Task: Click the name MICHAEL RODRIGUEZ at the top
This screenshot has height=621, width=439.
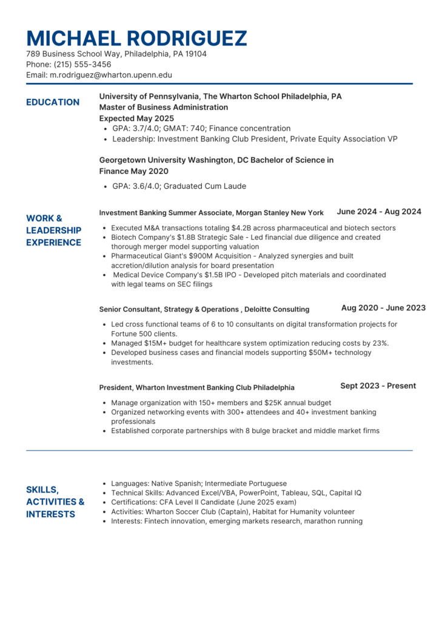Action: click(x=136, y=38)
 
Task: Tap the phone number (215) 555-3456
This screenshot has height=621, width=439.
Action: click(x=82, y=64)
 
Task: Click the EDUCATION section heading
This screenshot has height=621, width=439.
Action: click(x=53, y=102)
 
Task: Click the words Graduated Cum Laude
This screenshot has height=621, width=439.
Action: click(x=205, y=186)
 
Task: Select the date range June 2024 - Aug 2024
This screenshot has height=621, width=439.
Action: click(x=379, y=212)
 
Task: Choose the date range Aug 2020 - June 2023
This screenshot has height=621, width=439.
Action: click(x=383, y=308)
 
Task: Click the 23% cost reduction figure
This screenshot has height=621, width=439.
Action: click(x=380, y=343)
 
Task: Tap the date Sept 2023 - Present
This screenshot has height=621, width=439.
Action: click(x=378, y=386)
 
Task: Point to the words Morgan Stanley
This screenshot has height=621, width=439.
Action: click(x=263, y=213)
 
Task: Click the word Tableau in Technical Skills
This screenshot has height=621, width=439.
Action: click(x=292, y=493)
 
